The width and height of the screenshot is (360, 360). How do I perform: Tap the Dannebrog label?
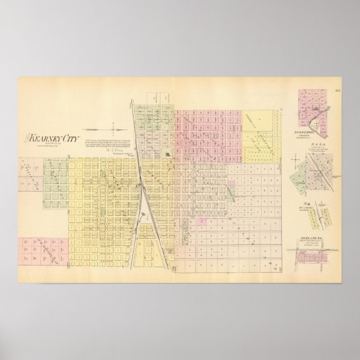point(309,132)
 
